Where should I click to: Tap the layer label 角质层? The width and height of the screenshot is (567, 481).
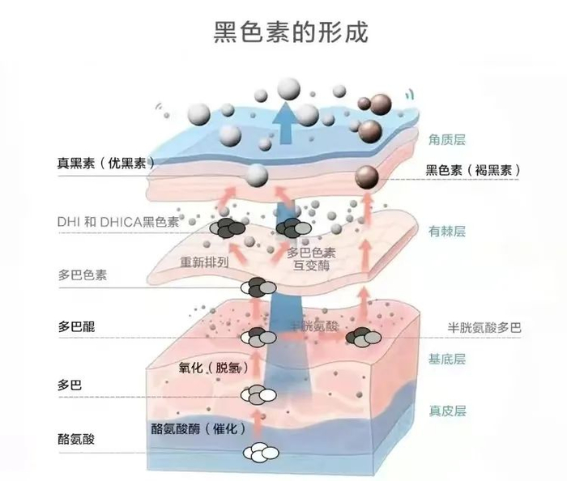pos(447,140)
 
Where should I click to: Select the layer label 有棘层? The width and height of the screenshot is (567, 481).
pos(447,232)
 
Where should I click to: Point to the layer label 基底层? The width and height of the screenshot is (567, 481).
pos(447,359)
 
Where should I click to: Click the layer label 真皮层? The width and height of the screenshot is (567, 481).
pos(447,411)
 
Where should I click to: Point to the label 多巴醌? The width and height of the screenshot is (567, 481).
pos(76,327)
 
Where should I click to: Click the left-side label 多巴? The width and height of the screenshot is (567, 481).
pos(70,384)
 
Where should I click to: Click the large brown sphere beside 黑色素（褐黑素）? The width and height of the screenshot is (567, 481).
pos(367,176)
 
